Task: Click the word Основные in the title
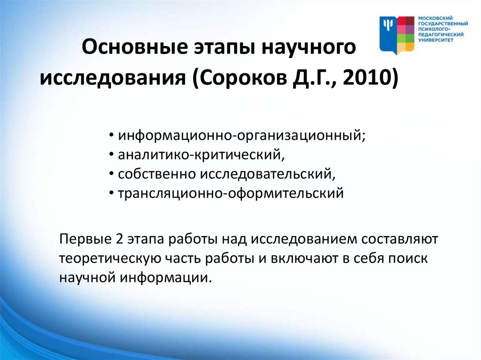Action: pyautogui.click(x=135, y=47)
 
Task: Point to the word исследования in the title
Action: pyautogui.click(x=113, y=78)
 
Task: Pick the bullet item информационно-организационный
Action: pyautogui.click(x=241, y=136)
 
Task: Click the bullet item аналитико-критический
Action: pyautogui.click(x=201, y=154)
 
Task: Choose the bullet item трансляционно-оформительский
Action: pyautogui.click(x=231, y=193)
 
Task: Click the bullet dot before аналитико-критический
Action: pyautogui.click(x=111, y=155)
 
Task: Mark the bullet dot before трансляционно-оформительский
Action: pyautogui.click(x=111, y=193)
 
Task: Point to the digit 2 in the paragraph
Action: pyautogui.click(x=120, y=239)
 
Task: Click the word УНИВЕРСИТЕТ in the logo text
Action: pyautogui.click(x=435, y=40)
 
